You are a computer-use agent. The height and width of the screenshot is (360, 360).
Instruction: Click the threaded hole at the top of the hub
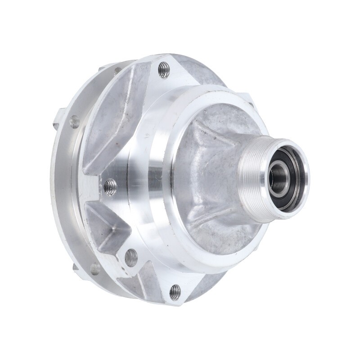click(x=164, y=69)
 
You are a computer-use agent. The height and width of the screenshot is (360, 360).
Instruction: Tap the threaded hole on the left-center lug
click(x=110, y=186)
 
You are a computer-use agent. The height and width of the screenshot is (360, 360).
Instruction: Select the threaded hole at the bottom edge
click(x=175, y=292)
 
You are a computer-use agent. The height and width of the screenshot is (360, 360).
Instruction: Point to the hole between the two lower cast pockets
click(x=131, y=257)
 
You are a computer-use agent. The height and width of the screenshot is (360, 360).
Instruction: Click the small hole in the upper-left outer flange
click(x=74, y=121)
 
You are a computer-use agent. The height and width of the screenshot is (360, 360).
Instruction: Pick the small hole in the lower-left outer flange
click(x=95, y=269)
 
